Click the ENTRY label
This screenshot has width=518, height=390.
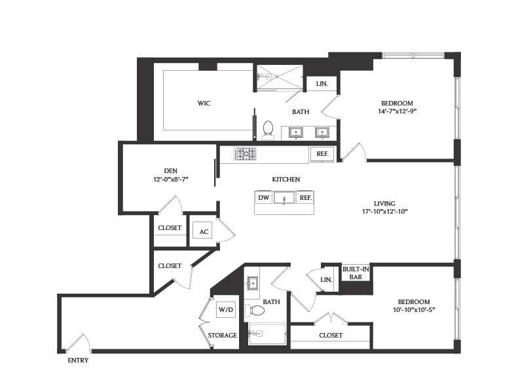pyautogui.click(x=78, y=360)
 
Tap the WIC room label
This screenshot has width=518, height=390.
pyautogui.click(x=204, y=103)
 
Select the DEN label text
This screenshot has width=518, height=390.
pyautogui.click(x=170, y=170)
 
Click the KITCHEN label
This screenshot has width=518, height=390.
pyautogui.click(x=286, y=179)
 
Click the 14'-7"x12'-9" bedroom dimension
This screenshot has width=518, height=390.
pyautogui.click(x=397, y=111)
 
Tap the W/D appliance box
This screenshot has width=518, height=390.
pyautogui.click(x=226, y=309)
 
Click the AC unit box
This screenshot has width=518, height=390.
pyautogui.click(x=203, y=232)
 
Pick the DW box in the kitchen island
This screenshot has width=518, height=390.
pyautogui.click(x=264, y=197)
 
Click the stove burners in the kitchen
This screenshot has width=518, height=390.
pyautogui.click(x=246, y=154)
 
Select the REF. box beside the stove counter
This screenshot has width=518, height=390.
pyautogui.click(x=322, y=154)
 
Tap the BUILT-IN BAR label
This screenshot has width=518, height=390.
pyautogui.click(x=356, y=273)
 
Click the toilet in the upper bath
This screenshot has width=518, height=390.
pyautogui.click(x=268, y=129)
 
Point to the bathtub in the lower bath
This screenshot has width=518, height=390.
pyautogui.click(x=268, y=334)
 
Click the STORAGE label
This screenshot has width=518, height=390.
pyautogui.click(x=223, y=335)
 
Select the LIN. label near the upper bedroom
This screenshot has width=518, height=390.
pyautogui.click(x=322, y=84)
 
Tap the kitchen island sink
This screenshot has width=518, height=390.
pyautogui.click(x=284, y=197)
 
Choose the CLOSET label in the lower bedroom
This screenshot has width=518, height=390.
pyautogui.click(x=331, y=335)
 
